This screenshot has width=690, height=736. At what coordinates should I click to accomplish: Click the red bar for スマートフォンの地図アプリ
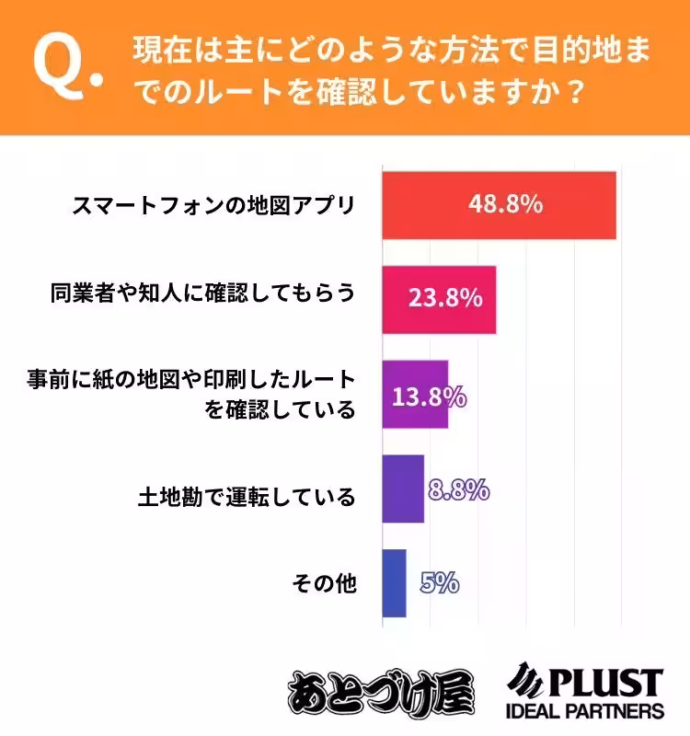[498, 205]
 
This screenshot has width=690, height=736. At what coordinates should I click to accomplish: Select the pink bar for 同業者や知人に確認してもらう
[439, 300]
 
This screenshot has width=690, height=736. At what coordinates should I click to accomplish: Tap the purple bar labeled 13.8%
[415, 394]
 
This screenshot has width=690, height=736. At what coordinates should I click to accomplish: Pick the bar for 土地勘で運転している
[403, 489]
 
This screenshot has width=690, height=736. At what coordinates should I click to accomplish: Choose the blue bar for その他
[394, 583]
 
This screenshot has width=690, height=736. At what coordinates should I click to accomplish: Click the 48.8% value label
[504, 204]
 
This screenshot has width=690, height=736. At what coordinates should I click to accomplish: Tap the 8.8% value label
[458, 489]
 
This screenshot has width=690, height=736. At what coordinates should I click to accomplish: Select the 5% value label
[440, 582]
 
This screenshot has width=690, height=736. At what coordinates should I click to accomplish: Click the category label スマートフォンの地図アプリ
[213, 204]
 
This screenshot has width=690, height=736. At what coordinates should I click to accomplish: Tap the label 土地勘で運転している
[246, 498]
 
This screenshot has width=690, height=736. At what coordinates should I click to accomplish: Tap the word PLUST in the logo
[604, 682]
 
